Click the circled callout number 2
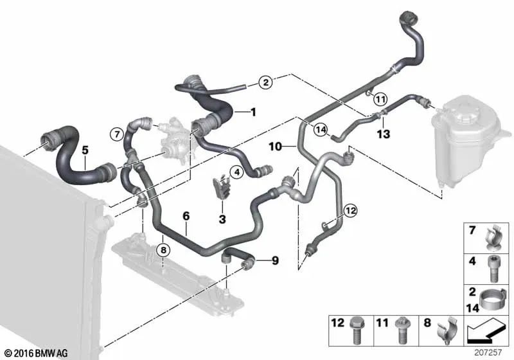click(265, 82)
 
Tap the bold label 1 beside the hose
click(253, 112)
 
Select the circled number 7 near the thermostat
click(116, 134)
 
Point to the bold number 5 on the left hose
click(85, 150)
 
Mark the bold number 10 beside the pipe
click(276, 147)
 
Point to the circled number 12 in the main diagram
click(350, 210)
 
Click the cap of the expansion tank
click(466, 104)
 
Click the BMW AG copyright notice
click(35, 353)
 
